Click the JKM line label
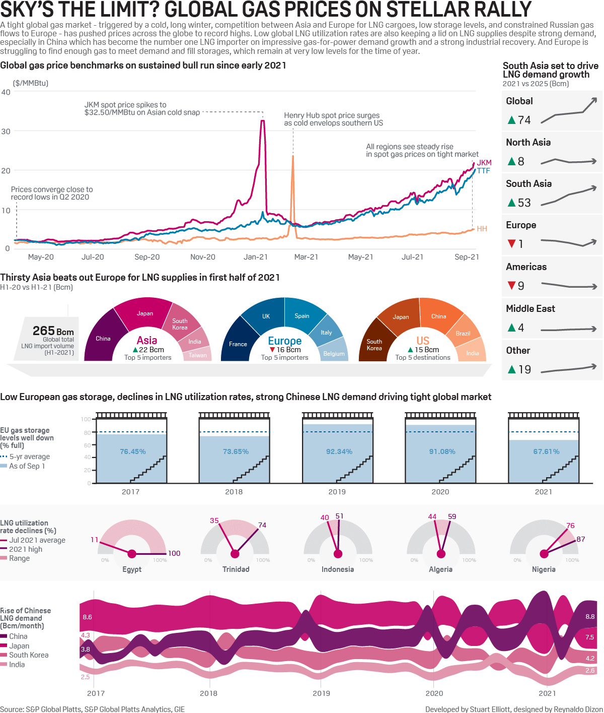(x=484, y=163)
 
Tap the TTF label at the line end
(x=483, y=171)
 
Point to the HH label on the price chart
(x=482, y=229)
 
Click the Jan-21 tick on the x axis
(x=256, y=257)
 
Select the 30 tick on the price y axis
(x=6, y=132)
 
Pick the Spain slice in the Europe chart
(x=302, y=316)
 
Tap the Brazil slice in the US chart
(x=463, y=334)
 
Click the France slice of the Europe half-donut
(x=238, y=344)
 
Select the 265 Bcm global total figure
(x=53, y=331)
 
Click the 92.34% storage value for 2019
(x=339, y=451)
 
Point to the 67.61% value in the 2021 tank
(x=546, y=451)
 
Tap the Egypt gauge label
(x=132, y=569)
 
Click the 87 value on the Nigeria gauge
(x=581, y=539)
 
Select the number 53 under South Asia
(x=524, y=203)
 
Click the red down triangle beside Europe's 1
(x=512, y=244)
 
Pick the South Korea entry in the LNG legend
(x=29, y=655)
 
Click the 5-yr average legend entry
(x=29, y=457)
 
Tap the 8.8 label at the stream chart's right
(x=590, y=617)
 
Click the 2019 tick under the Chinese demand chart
(x=321, y=693)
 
